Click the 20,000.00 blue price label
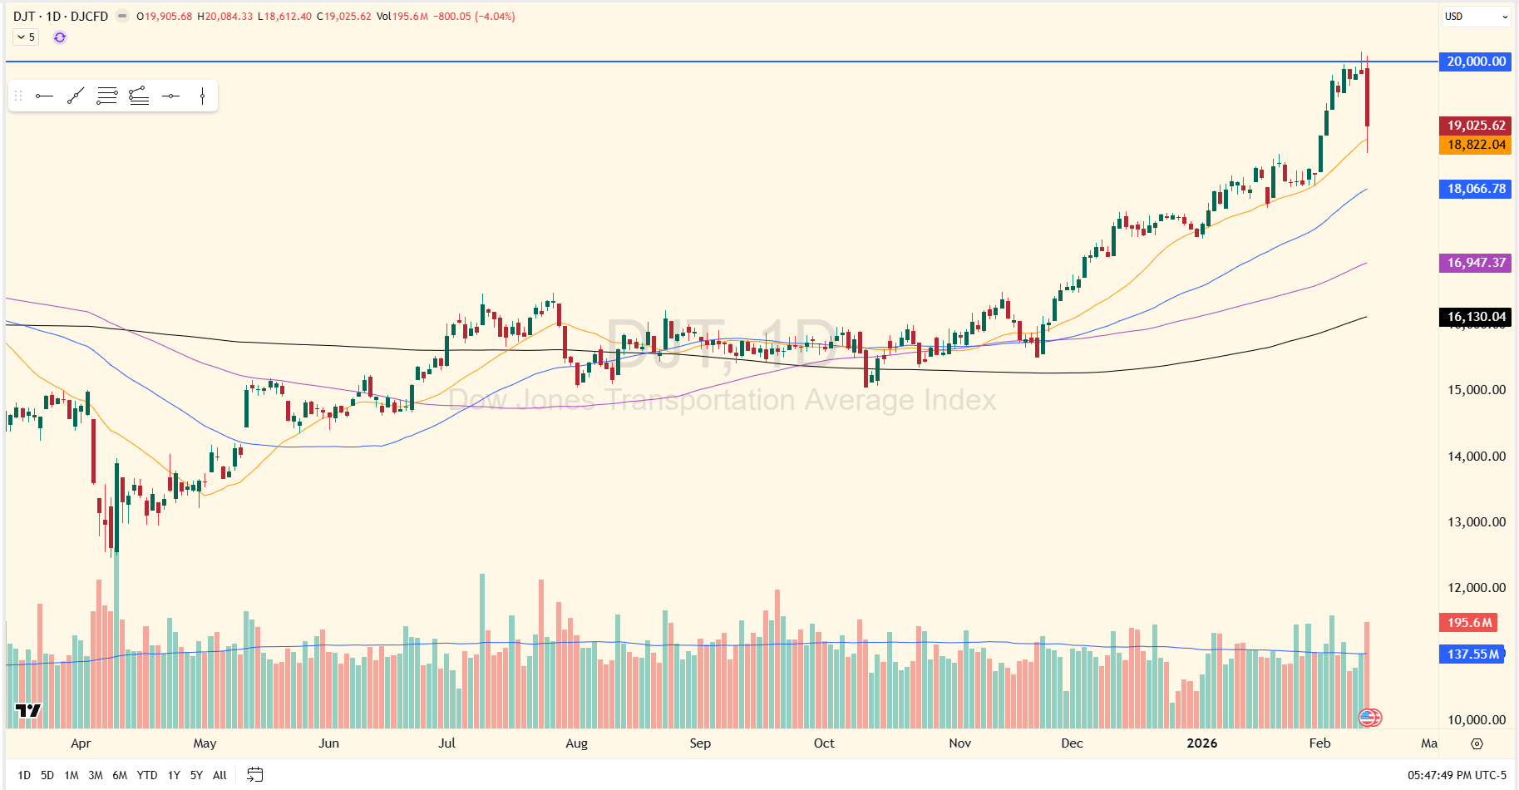(x=1475, y=62)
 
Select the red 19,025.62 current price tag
(x=1475, y=126)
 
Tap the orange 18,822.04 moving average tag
(x=1475, y=145)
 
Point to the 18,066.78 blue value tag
(x=1475, y=189)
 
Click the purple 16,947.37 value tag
(x=1475, y=263)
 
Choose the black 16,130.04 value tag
(x=1475, y=317)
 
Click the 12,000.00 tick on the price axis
(x=1476, y=588)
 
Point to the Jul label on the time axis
(x=446, y=743)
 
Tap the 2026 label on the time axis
(x=1201, y=743)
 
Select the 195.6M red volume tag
(x=1469, y=623)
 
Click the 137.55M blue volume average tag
(x=1472, y=654)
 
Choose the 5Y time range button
(x=196, y=775)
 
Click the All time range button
(x=219, y=775)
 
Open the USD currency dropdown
(x=1476, y=17)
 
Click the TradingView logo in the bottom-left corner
(x=28, y=710)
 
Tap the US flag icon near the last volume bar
(x=1369, y=717)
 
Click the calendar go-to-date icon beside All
(x=255, y=775)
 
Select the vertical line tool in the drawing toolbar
(x=202, y=96)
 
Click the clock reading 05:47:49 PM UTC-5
(x=1457, y=775)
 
